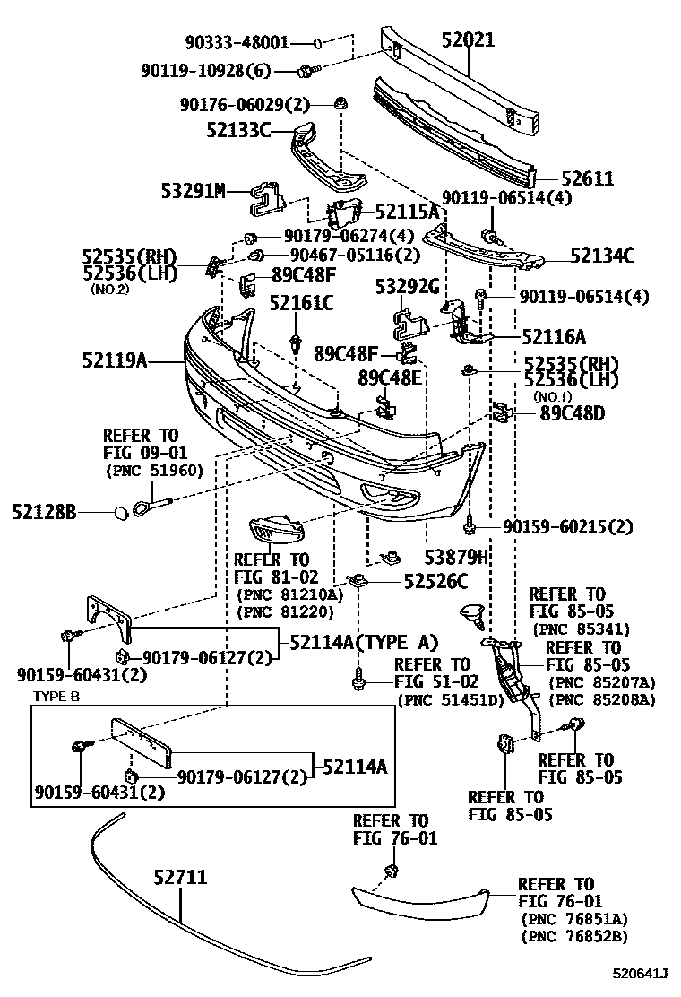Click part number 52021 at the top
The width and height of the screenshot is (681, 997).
pyautogui.click(x=480, y=39)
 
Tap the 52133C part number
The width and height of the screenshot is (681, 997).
pyautogui.click(x=237, y=130)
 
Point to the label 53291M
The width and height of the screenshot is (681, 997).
pyautogui.click(x=193, y=190)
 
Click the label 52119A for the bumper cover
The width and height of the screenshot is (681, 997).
pyautogui.click(x=114, y=360)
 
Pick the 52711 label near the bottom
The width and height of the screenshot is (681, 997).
pyautogui.click(x=179, y=877)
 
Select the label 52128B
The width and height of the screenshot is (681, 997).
pyautogui.click(x=44, y=512)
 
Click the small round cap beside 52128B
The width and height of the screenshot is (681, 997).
pyautogui.click(x=117, y=513)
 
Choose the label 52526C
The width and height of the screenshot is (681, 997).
pyautogui.click(x=434, y=581)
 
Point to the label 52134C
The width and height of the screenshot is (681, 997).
pyautogui.click(x=602, y=256)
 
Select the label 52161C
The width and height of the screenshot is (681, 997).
pyautogui.click(x=301, y=303)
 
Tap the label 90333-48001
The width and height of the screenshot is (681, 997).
pyautogui.click(x=237, y=42)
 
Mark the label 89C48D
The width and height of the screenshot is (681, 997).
pyautogui.click(x=572, y=413)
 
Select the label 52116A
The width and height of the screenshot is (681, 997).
pyautogui.click(x=553, y=336)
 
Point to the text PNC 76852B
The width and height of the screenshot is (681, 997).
pyautogui.click(x=573, y=936)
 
